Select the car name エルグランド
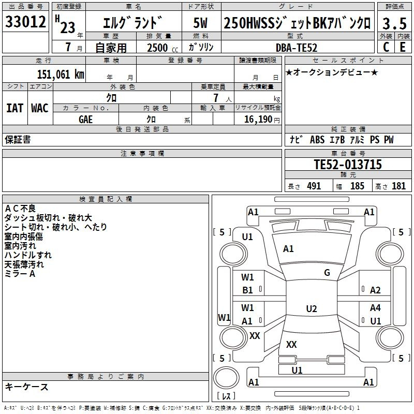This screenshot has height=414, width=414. [x=133, y=23]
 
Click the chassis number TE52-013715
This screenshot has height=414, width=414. [x=348, y=165]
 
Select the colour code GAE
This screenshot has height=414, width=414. [x=86, y=119]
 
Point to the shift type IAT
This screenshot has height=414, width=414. [x=14, y=108]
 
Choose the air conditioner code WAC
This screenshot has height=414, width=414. [x=40, y=108]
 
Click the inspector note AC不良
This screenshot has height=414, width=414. [x=20, y=209]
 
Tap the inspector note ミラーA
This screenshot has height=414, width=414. [x=20, y=274]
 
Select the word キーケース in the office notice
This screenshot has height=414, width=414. [x=26, y=387]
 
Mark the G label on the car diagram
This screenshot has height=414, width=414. [x=327, y=273]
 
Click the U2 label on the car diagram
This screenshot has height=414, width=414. [x=311, y=309]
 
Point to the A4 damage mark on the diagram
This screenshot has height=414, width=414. [x=375, y=308]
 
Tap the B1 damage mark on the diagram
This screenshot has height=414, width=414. [x=248, y=290]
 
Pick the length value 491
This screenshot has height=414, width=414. [x=314, y=186]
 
